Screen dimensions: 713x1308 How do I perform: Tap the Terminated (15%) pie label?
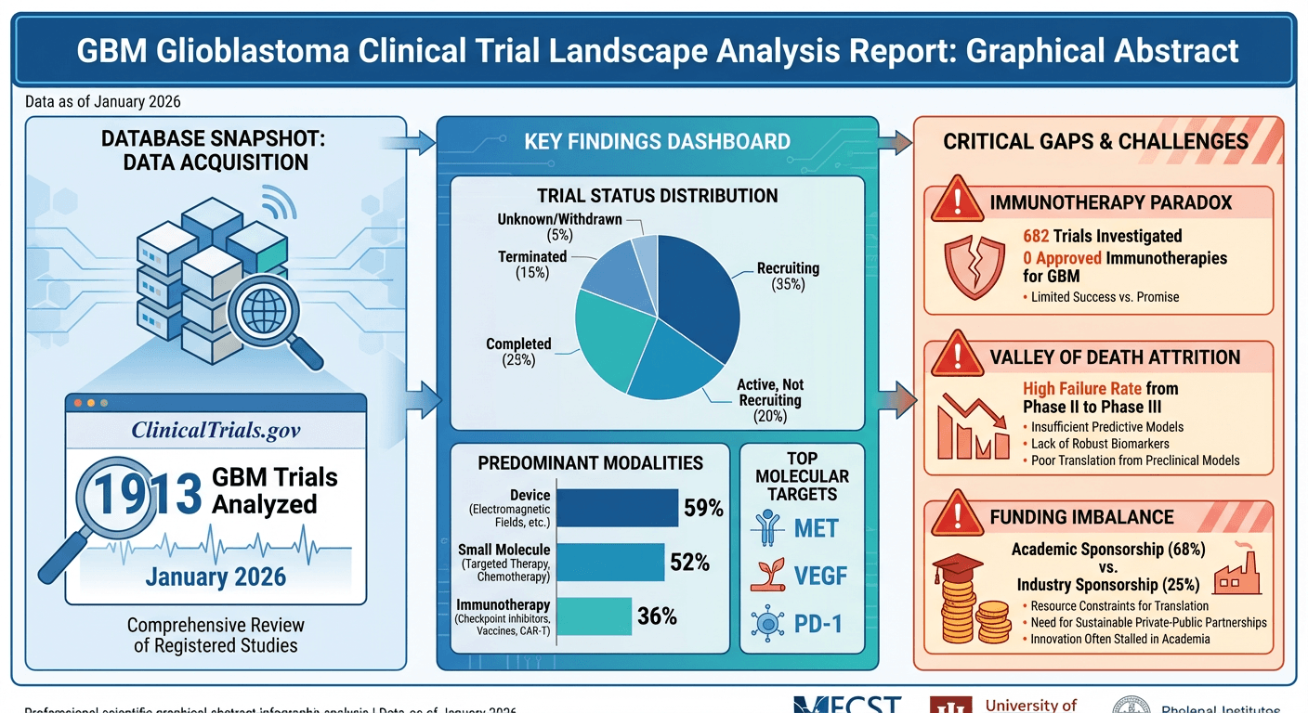(x=532, y=264)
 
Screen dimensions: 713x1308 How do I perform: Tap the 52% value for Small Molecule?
(x=688, y=562)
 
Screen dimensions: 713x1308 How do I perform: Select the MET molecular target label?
(x=817, y=529)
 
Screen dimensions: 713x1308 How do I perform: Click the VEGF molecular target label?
(x=820, y=576)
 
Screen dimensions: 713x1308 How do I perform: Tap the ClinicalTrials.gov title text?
(x=216, y=431)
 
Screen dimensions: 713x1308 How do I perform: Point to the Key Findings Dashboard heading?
(x=657, y=142)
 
